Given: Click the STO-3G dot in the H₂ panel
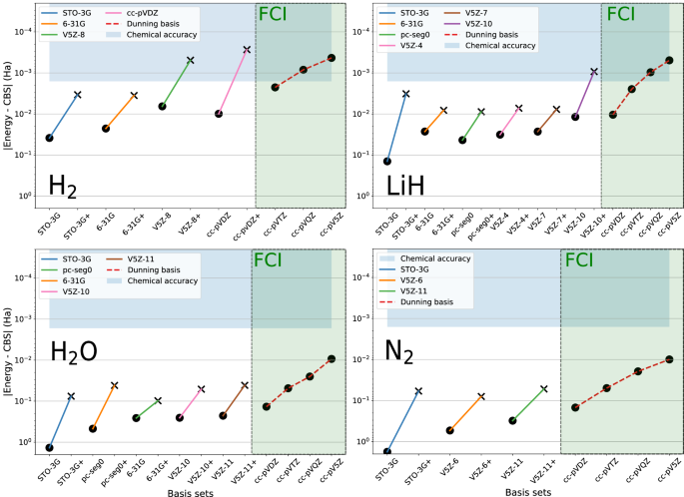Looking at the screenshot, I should click(x=49, y=138).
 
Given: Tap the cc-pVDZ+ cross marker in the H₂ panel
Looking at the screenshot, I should click(x=247, y=49).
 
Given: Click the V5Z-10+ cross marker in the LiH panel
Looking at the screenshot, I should click(x=594, y=72).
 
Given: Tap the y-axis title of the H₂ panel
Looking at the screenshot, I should click(x=12, y=105).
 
